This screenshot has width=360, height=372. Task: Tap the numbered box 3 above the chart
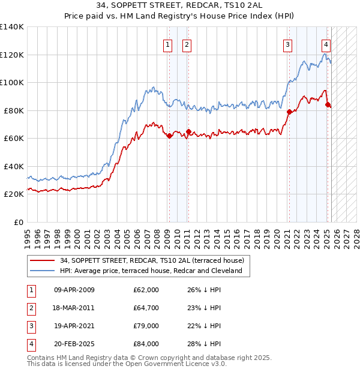(x=288, y=44)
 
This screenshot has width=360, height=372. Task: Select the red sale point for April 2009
(x=169, y=136)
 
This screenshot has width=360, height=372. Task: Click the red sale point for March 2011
(x=188, y=132)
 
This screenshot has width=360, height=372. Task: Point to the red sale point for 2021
(x=289, y=112)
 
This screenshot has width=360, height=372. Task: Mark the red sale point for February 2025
(x=328, y=105)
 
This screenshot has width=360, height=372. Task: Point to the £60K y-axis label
(x=14, y=138)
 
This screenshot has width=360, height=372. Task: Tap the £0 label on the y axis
(x=19, y=222)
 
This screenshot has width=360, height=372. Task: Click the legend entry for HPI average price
(x=150, y=271)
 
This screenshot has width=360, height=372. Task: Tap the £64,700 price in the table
(x=146, y=308)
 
